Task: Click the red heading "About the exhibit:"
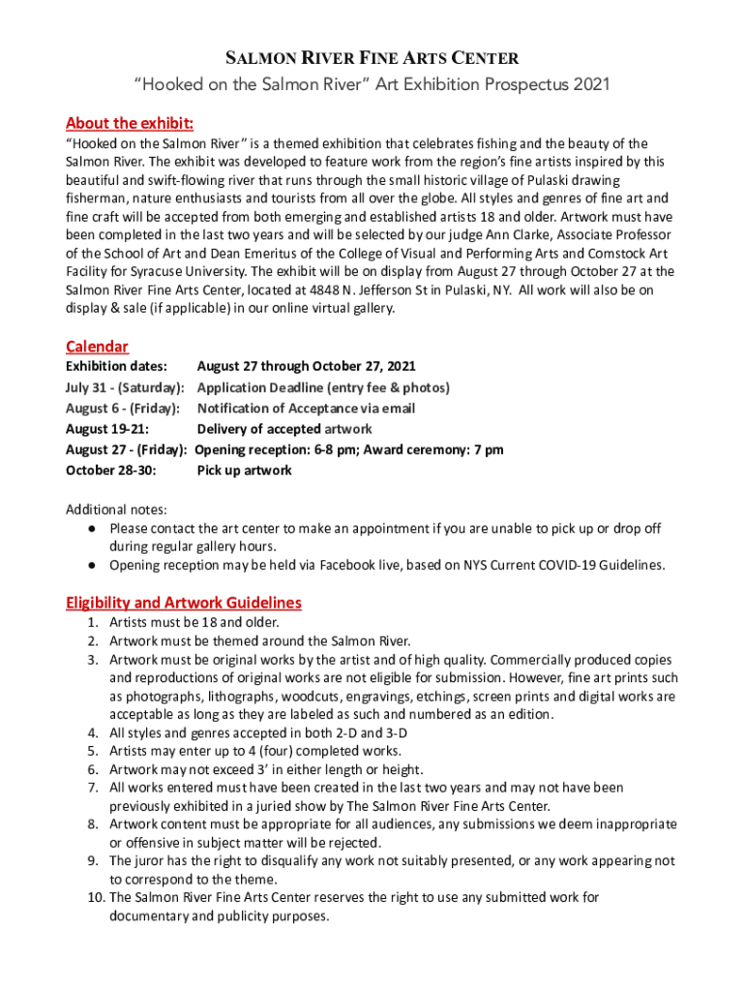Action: click(x=130, y=123)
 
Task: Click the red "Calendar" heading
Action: click(x=97, y=346)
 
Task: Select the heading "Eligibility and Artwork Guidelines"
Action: click(x=183, y=602)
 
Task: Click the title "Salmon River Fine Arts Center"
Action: click(x=372, y=58)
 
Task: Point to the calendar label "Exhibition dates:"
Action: click(x=116, y=367)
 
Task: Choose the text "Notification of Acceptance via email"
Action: click(x=306, y=408)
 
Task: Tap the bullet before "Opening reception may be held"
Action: click(x=90, y=565)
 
